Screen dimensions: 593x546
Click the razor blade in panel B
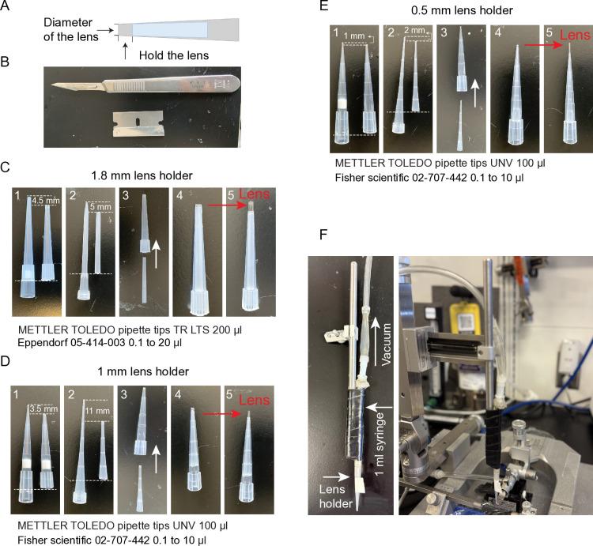[138, 123]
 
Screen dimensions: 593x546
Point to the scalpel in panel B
[145, 85]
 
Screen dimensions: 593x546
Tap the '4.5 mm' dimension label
[46, 201]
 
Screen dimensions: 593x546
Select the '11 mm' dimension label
[97, 411]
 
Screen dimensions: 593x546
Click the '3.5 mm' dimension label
[43, 409]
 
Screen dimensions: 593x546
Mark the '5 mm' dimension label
[100, 207]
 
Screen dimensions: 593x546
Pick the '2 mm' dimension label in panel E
[414, 30]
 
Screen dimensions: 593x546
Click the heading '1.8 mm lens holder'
[142, 175]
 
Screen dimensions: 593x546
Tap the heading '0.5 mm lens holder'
[462, 10]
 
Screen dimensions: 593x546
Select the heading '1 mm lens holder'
[143, 371]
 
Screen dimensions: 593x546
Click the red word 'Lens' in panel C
[255, 194]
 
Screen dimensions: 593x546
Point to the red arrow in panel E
[543, 45]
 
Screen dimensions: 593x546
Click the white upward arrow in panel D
[156, 459]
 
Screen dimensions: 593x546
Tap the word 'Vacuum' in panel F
[386, 345]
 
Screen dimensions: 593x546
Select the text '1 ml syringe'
[380, 444]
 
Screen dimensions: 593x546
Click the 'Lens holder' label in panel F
[335, 496]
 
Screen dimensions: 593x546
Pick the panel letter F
[323, 235]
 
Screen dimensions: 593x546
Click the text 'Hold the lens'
[174, 55]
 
